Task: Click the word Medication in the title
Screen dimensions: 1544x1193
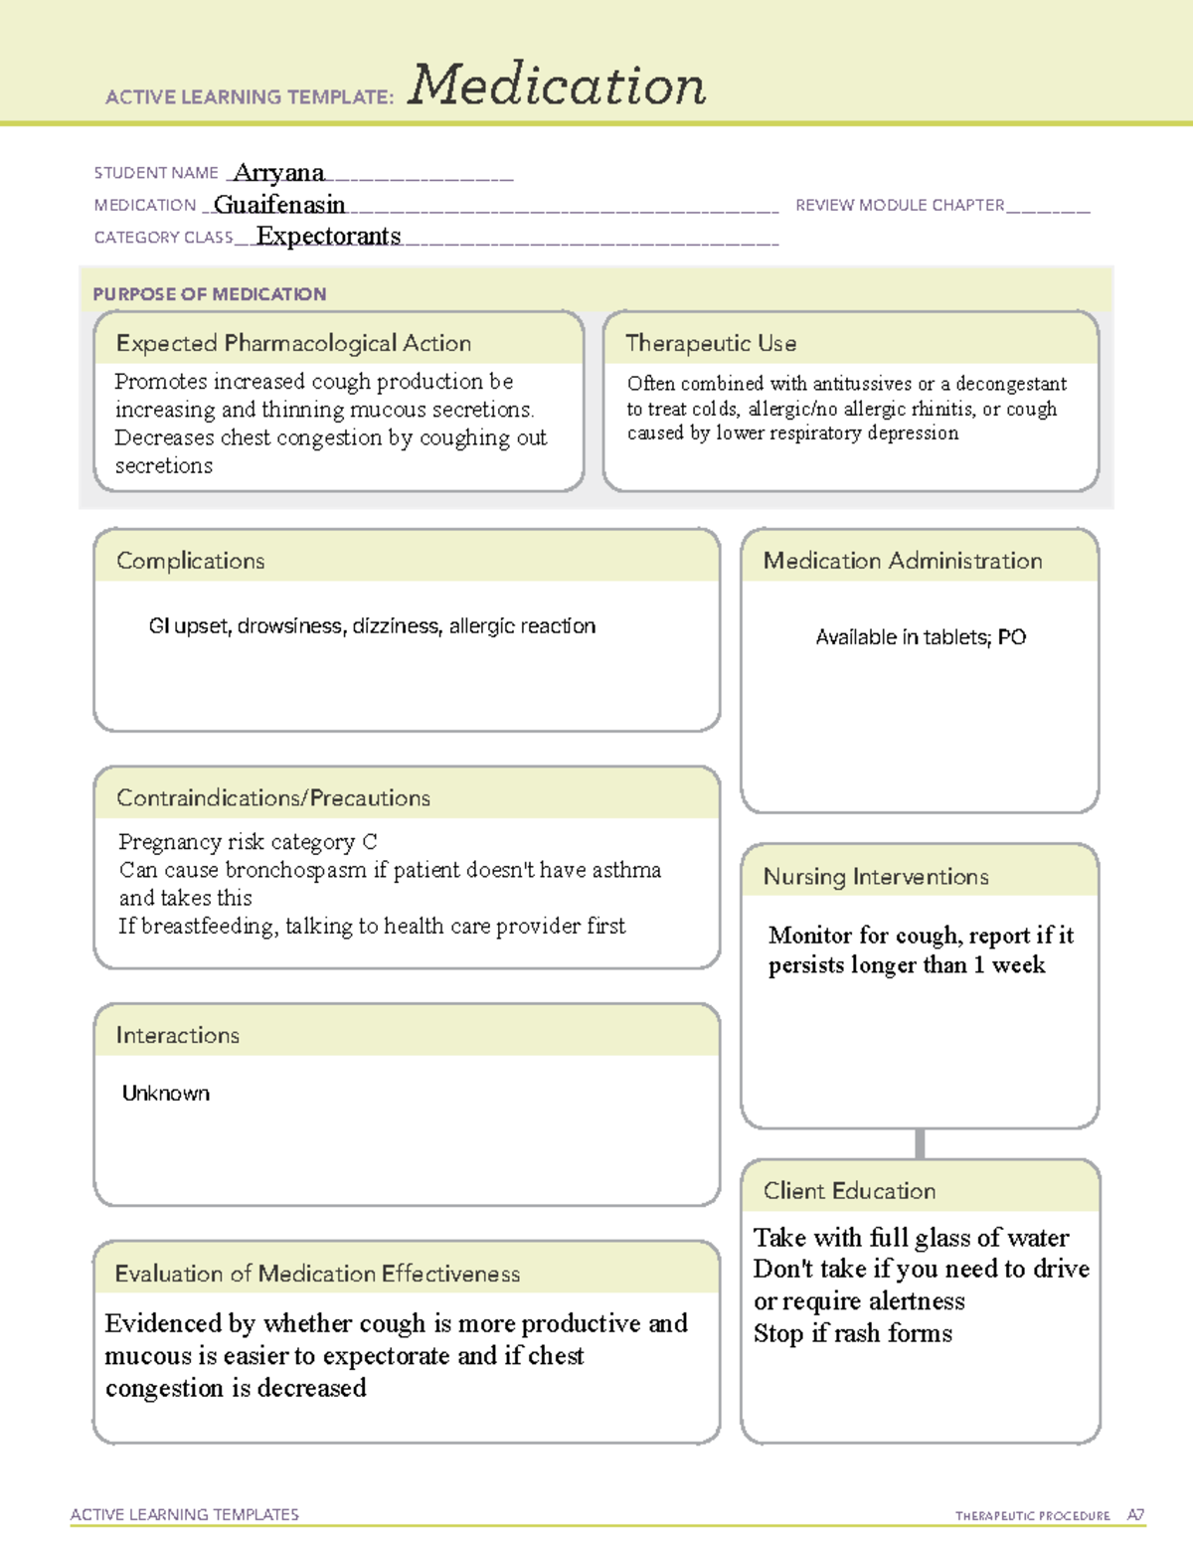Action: (x=557, y=86)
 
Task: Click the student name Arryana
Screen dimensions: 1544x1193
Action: (x=278, y=173)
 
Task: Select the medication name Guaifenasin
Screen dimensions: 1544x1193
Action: (x=279, y=205)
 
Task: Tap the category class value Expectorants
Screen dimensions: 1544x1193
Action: (x=328, y=236)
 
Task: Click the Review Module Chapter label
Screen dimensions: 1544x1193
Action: (x=900, y=205)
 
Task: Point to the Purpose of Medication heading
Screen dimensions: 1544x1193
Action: (x=210, y=294)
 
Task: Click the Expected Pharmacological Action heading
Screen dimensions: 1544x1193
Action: (x=293, y=343)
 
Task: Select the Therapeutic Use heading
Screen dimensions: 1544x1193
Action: (x=711, y=343)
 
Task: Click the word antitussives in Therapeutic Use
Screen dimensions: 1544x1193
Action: (x=862, y=384)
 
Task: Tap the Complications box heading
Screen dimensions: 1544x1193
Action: (x=191, y=561)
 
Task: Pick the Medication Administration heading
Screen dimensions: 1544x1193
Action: (x=903, y=561)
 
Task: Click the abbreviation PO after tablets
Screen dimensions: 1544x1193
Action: (x=1012, y=637)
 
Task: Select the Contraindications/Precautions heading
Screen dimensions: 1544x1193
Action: (x=273, y=798)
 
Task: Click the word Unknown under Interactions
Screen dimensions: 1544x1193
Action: (x=166, y=1094)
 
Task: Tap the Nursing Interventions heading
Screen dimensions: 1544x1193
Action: (x=876, y=877)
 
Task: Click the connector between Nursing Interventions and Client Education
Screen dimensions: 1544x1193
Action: (x=920, y=1143)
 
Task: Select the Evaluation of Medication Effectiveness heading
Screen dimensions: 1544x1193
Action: (x=317, y=1274)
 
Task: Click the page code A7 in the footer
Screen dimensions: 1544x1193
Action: (x=1135, y=1515)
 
